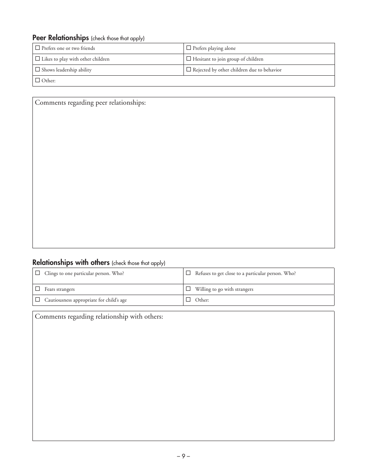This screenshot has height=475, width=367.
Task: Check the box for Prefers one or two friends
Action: [37, 48]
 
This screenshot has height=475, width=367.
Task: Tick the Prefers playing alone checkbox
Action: [189, 48]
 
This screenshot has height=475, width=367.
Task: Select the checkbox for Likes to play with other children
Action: [37, 59]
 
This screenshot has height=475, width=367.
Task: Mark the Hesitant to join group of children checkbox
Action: [189, 59]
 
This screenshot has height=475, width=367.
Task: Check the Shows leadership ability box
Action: [37, 70]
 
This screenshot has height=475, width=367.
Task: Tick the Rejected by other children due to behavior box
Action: [189, 70]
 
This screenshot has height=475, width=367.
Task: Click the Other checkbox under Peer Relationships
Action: [37, 80]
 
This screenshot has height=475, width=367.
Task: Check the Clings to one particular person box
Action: [37, 273]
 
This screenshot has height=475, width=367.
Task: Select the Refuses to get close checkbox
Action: [188, 273]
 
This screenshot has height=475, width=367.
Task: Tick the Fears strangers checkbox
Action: [37, 288]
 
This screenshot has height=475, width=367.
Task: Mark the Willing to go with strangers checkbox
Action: [188, 288]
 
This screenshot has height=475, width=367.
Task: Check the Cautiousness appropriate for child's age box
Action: [37, 299]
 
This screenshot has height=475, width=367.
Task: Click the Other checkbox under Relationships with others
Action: [188, 299]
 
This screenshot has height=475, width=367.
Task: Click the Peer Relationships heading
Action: [61, 38]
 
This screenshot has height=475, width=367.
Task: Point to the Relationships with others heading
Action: [71, 263]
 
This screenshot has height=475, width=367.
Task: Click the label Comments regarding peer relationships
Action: [90, 103]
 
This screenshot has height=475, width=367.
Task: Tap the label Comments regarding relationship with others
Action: [99, 317]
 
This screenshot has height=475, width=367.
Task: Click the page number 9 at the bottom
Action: [183, 456]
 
